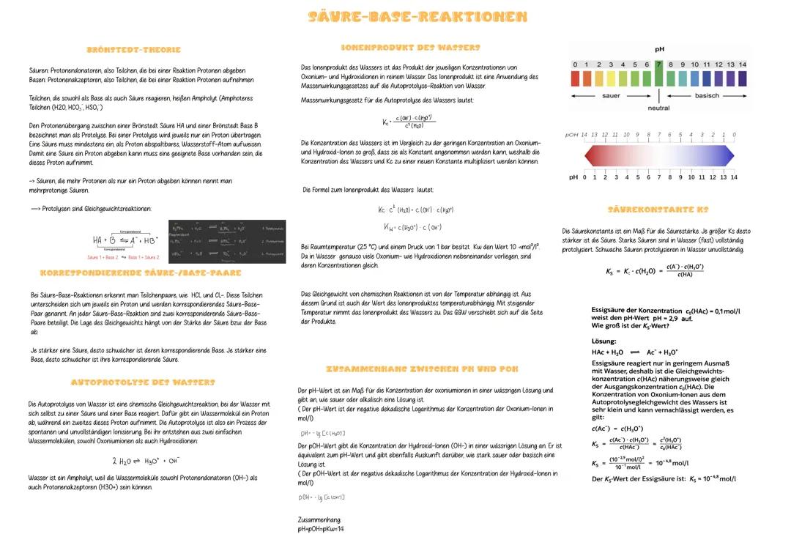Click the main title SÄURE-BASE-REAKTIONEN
click(x=417, y=17)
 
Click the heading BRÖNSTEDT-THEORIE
click(x=133, y=51)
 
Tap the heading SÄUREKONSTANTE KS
click(x=658, y=210)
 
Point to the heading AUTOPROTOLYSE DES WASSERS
click(x=143, y=382)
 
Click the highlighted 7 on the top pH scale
click(x=659, y=65)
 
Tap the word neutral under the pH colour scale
click(x=658, y=108)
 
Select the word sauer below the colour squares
click(x=611, y=96)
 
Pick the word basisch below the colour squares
click(x=707, y=96)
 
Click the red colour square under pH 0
click(x=576, y=78)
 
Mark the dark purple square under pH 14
click(x=742, y=78)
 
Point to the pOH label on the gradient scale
click(x=572, y=135)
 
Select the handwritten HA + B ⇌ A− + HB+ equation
click(x=125, y=240)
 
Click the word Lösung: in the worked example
click(x=604, y=341)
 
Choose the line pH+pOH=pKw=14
click(x=321, y=528)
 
